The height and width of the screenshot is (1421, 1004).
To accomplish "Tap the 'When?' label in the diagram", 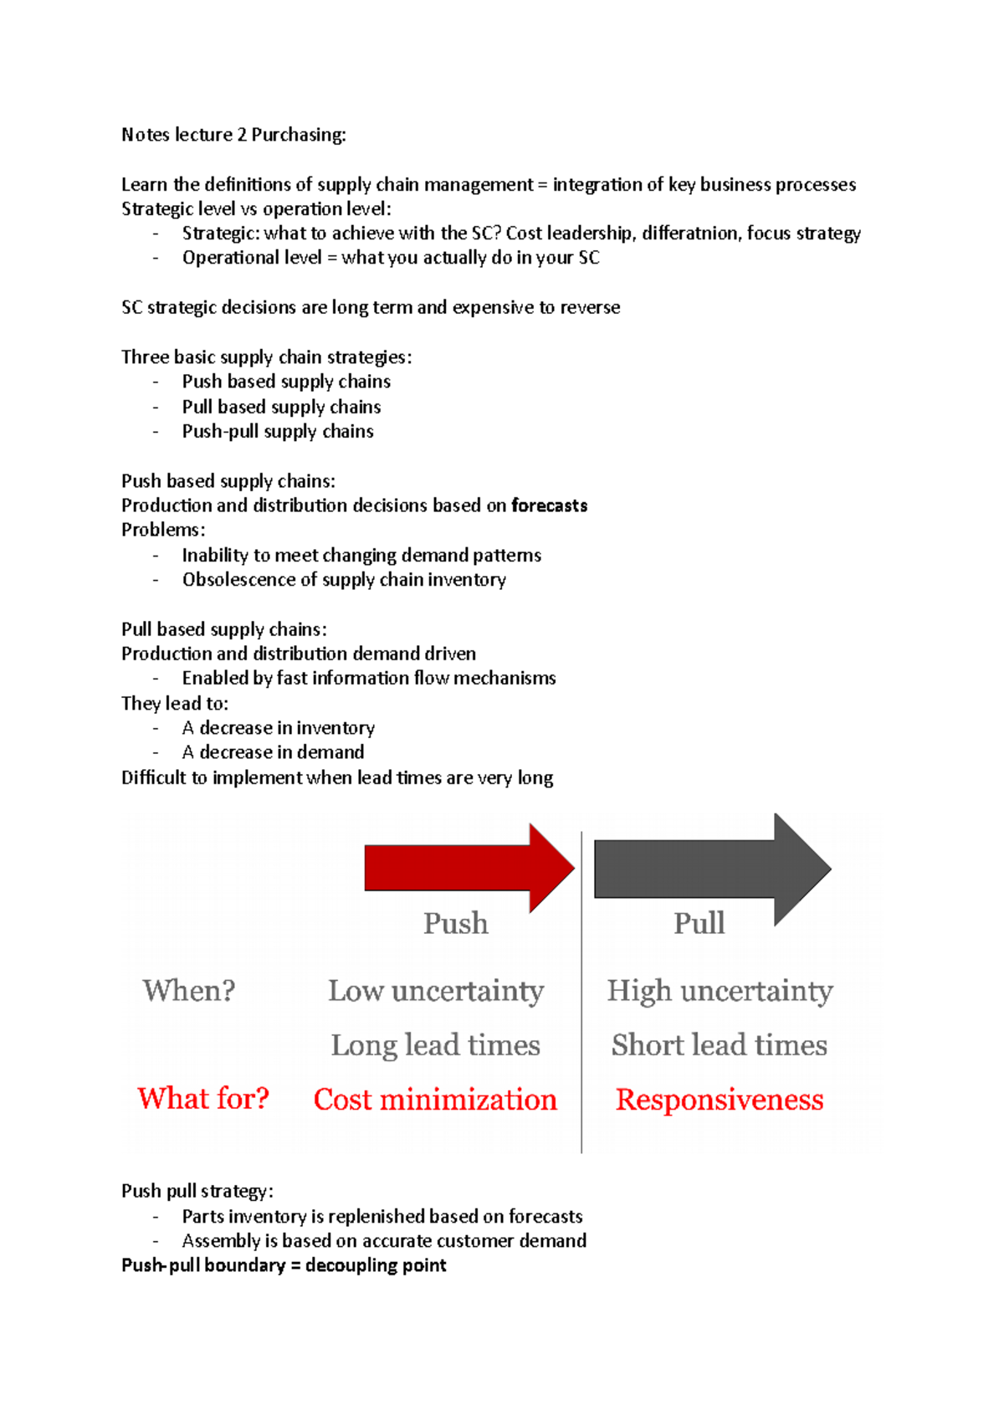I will (188, 991).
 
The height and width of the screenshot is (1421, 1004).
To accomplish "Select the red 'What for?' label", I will (203, 1098).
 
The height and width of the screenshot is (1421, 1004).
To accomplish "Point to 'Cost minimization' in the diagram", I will (435, 1100).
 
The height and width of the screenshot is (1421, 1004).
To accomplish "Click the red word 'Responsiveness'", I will (720, 1100).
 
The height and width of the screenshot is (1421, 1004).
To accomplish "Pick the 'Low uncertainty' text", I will (436, 991).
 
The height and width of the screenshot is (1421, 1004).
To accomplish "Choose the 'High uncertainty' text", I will (720, 991).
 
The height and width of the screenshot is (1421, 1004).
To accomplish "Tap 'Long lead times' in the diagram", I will (436, 1045).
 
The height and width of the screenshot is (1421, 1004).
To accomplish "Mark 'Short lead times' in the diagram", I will (720, 1045).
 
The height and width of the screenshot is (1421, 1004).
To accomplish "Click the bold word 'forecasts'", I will (549, 505).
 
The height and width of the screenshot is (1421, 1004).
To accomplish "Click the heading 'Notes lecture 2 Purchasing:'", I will (233, 135).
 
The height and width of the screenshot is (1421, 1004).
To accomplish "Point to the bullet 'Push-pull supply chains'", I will (278, 432).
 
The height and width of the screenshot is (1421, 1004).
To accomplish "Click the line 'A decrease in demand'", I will (273, 752).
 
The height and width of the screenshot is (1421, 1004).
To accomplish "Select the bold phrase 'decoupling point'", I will (376, 1265).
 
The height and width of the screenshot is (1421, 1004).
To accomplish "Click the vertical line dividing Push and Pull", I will (581, 1004).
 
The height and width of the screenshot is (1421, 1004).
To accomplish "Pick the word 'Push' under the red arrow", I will (455, 923).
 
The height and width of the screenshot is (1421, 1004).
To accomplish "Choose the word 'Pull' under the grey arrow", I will (699, 923).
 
